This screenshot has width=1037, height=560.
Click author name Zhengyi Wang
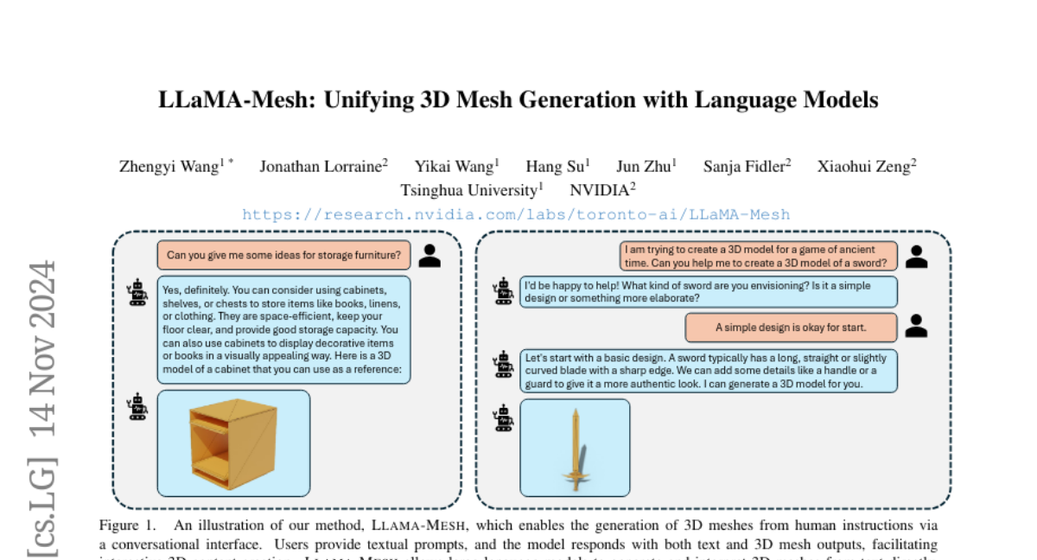[169, 167]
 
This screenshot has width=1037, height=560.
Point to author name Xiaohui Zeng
[863, 167]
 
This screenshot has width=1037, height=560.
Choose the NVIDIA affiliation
[601, 190]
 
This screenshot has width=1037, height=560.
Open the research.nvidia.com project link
[516, 214]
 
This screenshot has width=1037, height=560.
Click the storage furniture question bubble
[283, 255]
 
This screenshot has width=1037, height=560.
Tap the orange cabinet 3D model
[233, 442]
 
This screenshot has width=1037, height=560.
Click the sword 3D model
[576, 448]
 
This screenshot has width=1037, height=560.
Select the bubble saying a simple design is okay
[791, 328]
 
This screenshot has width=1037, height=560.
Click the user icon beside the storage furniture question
[431, 255]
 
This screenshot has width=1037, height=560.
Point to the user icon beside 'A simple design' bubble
[916, 326]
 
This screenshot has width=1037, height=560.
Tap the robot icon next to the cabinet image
[137, 406]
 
